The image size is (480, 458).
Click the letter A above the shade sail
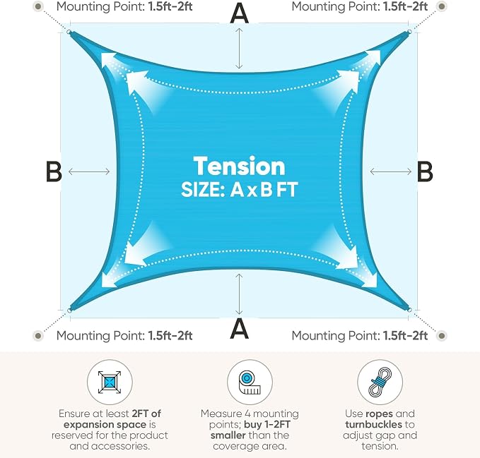coord(239,13)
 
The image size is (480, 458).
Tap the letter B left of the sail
coord(54,171)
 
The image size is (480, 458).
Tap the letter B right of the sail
coord(425,171)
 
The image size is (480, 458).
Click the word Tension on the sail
coord(239,166)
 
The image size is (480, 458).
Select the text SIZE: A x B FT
coord(239,190)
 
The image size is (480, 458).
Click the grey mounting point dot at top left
coord(38,6)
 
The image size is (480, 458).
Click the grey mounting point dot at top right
coord(441,6)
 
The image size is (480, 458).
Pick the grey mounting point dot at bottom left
coord(38,336)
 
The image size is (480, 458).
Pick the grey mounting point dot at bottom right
coord(441,336)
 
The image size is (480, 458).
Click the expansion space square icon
coord(110,382)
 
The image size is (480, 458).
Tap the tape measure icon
coord(250,382)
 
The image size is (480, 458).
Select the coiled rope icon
coord(380,382)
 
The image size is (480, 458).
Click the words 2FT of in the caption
coord(146,414)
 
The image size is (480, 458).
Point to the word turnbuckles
coord(373,424)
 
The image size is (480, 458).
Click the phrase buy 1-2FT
coord(267,424)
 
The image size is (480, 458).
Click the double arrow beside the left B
coord(89,171)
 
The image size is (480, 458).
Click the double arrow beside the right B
coord(391,171)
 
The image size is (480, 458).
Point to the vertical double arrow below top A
coord(239,48)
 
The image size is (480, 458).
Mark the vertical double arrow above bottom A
coord(239,294)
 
